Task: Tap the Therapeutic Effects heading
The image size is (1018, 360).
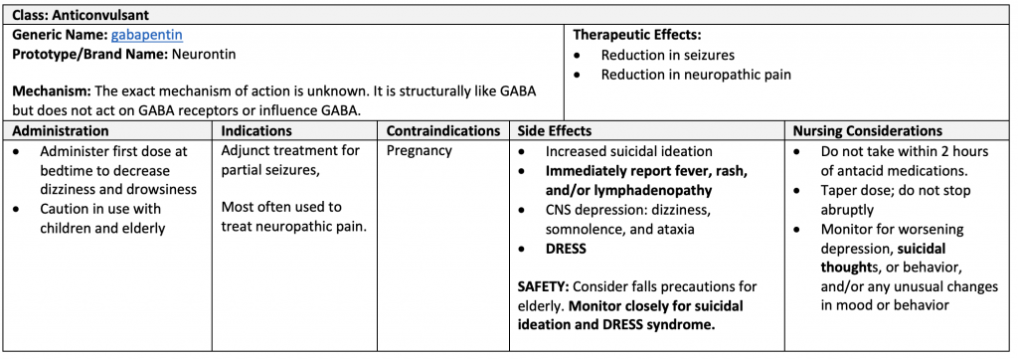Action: [x=637, y=35]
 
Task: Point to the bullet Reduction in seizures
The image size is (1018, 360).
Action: [x=667, y=55]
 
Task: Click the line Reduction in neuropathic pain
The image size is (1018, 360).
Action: [x=695, y=74]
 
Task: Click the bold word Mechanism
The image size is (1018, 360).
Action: [x=49, y=91]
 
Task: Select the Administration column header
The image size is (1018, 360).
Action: [x=61, y=131]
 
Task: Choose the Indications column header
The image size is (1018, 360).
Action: [x=256, y=131]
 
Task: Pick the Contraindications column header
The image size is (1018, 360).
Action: [x=442, y=131]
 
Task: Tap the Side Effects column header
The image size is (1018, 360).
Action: [x=555, y=131]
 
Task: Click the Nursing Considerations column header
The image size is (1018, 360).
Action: [x=868, y=131]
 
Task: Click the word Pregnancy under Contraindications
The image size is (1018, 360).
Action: [x=420, y=151]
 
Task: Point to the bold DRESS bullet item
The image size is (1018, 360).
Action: [x=566, y=249]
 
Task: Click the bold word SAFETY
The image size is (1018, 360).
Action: [x=542, y=287]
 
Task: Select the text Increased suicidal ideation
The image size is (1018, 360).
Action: [x=628, y=151]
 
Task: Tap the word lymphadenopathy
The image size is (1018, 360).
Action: [x=650, y=190]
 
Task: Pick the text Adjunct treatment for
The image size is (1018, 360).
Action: [x=290, y=151]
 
